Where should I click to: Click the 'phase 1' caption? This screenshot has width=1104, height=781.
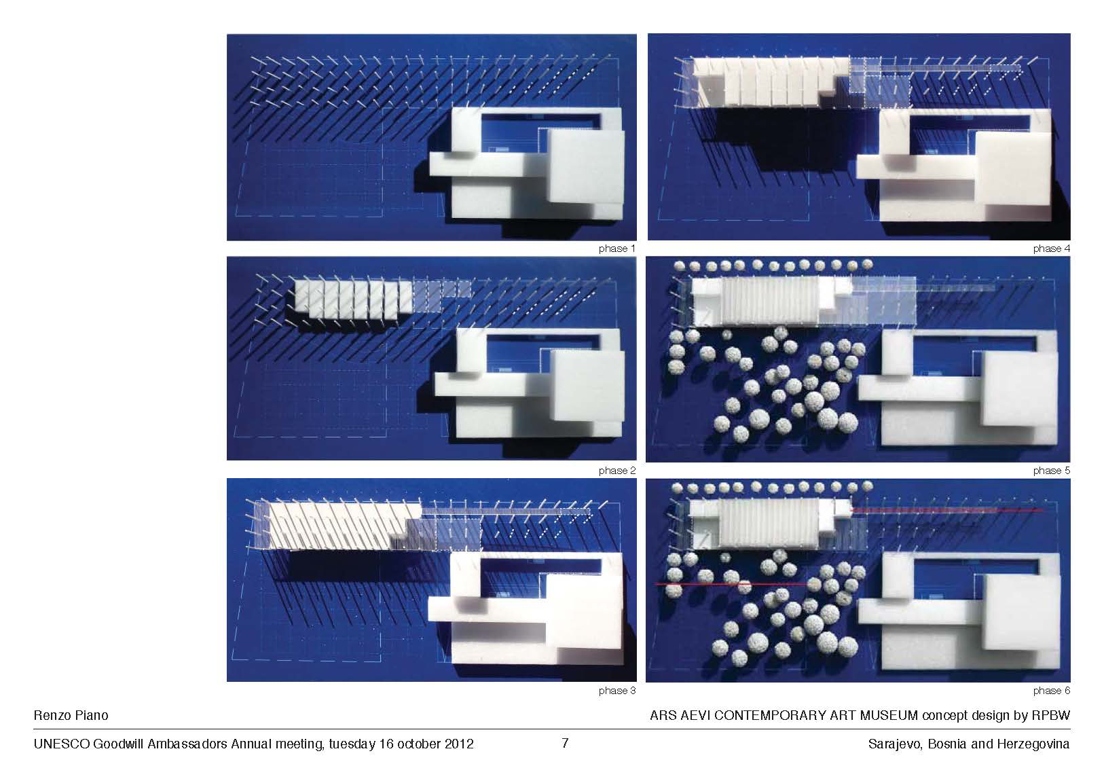617,249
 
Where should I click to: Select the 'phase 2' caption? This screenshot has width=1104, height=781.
617,471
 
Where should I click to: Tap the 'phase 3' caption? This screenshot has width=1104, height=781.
617,690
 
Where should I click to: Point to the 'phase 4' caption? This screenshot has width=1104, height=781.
1051,249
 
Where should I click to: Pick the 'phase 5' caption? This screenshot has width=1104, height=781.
1051,471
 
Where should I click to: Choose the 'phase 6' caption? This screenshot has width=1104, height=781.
1051,690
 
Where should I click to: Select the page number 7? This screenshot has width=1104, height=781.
565,743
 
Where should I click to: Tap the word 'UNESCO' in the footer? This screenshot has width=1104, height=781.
61,744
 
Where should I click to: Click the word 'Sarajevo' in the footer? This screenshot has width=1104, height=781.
894,744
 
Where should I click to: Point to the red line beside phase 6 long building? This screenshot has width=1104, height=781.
946,510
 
